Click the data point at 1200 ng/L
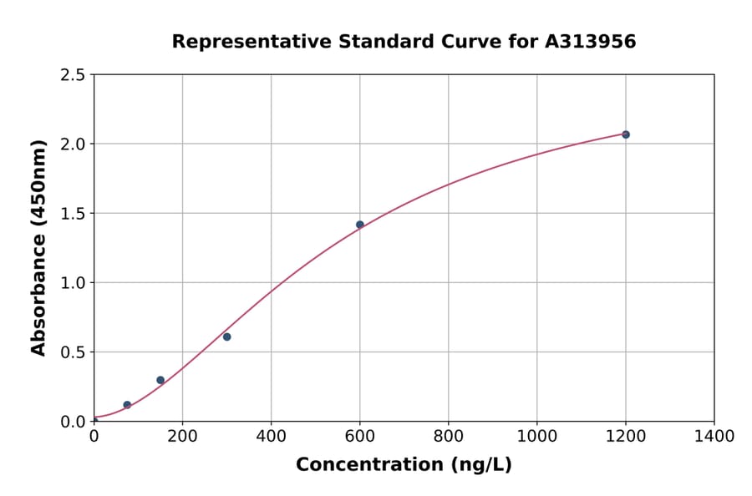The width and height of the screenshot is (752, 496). point(625,134)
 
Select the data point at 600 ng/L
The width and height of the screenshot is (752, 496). point(360,225)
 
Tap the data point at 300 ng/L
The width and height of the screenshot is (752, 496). point(226,337)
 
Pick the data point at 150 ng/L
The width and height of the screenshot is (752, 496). point(160,380)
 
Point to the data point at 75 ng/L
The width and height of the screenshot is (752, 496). point(127,405)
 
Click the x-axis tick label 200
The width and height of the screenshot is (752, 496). point(182,437)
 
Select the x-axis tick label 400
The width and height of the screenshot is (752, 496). point(271,437)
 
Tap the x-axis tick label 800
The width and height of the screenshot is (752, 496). point(448,437)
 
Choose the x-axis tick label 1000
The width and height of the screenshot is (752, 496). point(536,437)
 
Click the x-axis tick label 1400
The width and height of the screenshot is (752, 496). point(714,437)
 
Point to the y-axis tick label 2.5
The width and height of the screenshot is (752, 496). point(74,75)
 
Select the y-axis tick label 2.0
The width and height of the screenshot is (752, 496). point(74,144)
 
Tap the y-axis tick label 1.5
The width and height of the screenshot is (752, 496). point(74,214)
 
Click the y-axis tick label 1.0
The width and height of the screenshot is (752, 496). point(74,283)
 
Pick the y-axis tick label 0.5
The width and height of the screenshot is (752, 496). point(74,352)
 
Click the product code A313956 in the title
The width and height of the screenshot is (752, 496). point(590,42)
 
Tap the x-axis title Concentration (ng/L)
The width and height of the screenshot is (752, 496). point(404,465)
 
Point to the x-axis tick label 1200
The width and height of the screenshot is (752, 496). point(625,437)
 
